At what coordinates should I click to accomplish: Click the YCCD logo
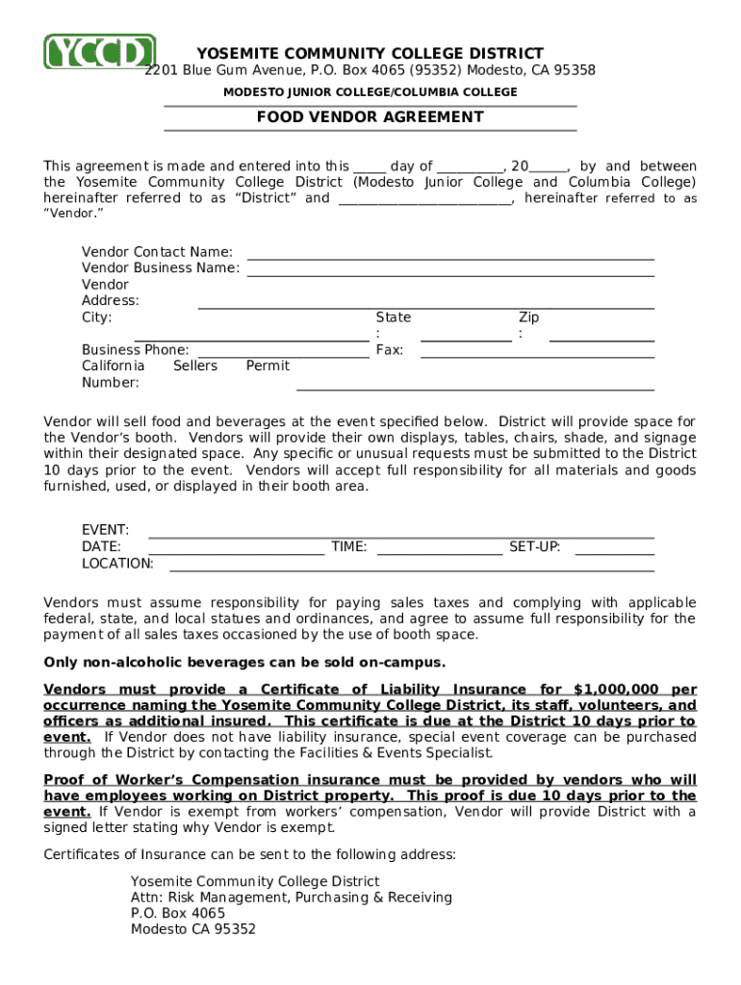click(99, 52)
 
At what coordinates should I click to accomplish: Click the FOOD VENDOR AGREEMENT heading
click(370, 117)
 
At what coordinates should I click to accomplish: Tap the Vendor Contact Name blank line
click(450, 257)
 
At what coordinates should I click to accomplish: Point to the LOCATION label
click(117, 564)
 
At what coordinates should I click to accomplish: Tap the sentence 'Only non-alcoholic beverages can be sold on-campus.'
click(245, 663)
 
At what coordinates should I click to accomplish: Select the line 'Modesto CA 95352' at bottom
click(193, 929)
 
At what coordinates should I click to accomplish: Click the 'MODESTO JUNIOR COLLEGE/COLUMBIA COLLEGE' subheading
click(370, 92)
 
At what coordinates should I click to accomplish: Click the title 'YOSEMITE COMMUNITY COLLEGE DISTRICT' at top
click(370, 54)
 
